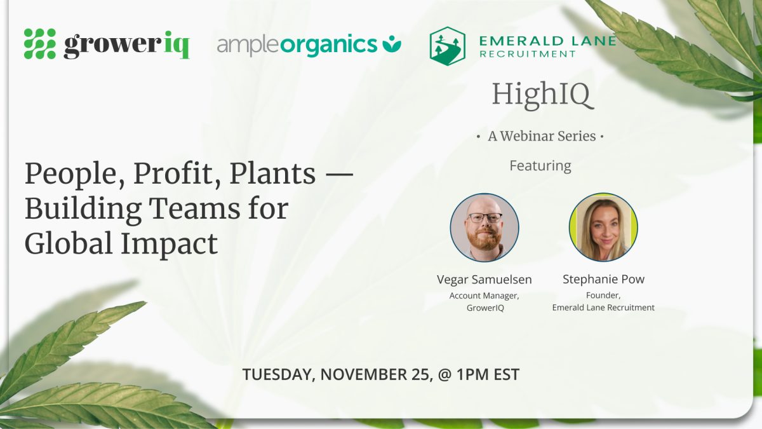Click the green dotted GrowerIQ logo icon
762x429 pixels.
pyautogui.click(x=40, y=44)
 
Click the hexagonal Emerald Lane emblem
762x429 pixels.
pyautogui.click(x=447, y=46)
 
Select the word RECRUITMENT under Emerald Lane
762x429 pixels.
pyautogui.click(x=527, y=54)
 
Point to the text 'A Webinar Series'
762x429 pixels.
pyautogui.click(x=542, y=136)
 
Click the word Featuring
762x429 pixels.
pyautogui.click(x=540, y=166)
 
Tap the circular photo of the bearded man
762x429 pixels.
pyautogui.click(x=485, y=228)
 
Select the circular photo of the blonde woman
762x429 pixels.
pyautogui.click(x=603, y=228)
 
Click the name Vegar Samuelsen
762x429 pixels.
pyautogui.click(x=484, y=280)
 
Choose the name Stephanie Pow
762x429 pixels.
pyautogui.click(x=603, y=279)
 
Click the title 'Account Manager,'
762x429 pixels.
pyautogui.click(x=484, y=296)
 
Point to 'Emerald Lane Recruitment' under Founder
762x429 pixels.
pyautogui.click(x=603, y=308)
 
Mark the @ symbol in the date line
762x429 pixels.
pyautogui.click(x=444, y=374)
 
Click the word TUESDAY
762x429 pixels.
pyautogui.click(x=276, y=374)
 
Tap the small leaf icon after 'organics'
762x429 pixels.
pyautogui.click(x=392, y=44)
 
